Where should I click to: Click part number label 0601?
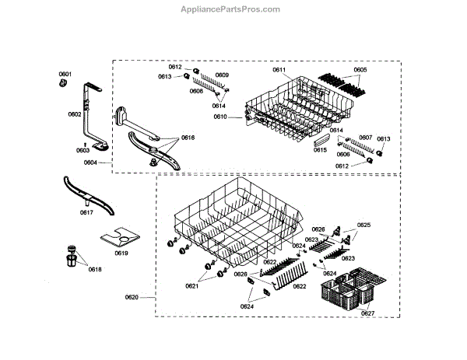pos(65,75)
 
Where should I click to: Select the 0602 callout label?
pos(75,114)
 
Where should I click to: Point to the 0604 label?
pos(90,163)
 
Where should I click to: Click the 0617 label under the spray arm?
pos(86,211)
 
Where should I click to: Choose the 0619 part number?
pos(121,253)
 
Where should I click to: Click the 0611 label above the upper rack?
pos(279,71)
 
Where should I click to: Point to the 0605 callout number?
pos(360,71)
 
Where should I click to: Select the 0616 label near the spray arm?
pos(188,137)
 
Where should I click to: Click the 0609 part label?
pos(223,75)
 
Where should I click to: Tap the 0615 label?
pos(320,149)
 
